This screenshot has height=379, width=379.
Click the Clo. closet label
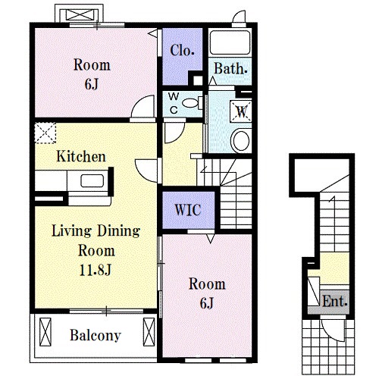click(182, 50)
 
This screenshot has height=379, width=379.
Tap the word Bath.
click(230, 68)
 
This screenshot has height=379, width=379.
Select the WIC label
click(188, 209)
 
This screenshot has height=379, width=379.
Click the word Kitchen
click(81, 156)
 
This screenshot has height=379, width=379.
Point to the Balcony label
click(96, 335)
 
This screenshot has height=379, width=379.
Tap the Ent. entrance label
click(334, 301)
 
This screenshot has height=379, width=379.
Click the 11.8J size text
click(96, 270)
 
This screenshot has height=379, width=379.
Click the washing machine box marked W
click(241, 111)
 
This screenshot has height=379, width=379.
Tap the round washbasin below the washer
click(241, 140)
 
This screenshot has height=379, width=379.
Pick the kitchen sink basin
click(92, 181)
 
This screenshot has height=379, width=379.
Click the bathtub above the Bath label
click(230, 42)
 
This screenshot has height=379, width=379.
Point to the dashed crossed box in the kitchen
click(45, 133)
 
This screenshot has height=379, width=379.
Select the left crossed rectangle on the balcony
click(45, 332)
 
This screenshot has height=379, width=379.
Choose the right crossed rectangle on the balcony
click(149, 332)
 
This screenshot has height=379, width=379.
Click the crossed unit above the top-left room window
click(80, 14)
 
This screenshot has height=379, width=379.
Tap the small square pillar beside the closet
click(198, 80)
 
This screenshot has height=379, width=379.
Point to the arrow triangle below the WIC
click(211, 239)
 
